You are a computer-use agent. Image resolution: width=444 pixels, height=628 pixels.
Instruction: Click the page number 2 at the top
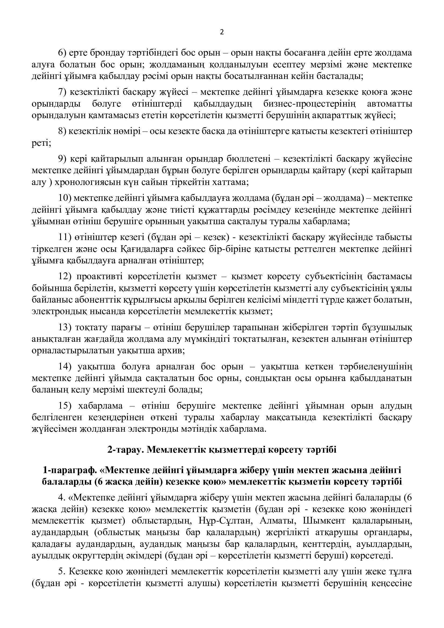tap(222, 32)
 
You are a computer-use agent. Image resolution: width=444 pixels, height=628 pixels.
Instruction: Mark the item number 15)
tap(66, 406)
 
